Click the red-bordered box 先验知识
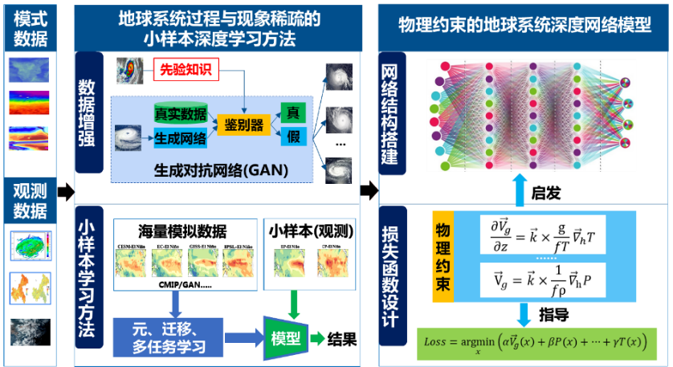[186, 69]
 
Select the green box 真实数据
[180, 112]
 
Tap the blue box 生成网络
[180, 138]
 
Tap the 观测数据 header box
[31, 202]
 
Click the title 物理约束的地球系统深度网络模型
[524, 25]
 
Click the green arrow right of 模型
[319, 338]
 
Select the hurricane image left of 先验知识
[128, 71]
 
